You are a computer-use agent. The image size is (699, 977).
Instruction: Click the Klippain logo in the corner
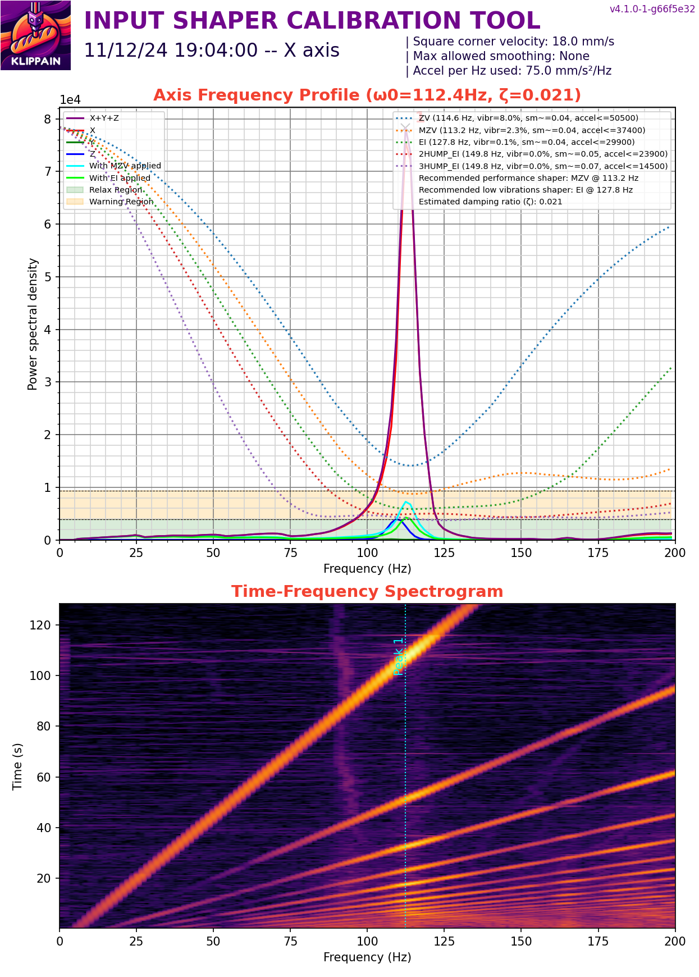click(x=35, y=35)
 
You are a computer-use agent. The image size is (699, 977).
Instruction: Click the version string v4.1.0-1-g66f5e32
click(x=652, y=9)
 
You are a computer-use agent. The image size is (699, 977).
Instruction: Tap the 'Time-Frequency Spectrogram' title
click(x=367, y=591)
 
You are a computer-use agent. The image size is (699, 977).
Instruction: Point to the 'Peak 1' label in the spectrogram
click(x=399, y=656)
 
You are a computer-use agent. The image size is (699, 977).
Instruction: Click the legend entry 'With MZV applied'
click(x=125, y=166)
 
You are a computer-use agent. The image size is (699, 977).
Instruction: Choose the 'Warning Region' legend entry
click(x=121, y=202)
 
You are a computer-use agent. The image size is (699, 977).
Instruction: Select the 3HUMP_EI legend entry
click(x=543, y=166)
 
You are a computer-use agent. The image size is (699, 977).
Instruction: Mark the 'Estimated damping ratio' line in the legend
click(x=490, y=202)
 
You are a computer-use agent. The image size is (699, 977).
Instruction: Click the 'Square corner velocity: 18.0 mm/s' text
click(x=513, y=42)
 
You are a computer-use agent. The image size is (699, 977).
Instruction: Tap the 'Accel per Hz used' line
click(x=511, y=71)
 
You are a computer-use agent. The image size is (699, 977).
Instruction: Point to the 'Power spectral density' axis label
click(x=33, y=324)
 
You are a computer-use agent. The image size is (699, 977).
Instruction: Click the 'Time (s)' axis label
click(x=17, y=766)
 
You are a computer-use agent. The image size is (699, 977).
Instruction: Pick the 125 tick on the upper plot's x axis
click(x=444, y=553)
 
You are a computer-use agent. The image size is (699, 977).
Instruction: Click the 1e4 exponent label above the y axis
click(x=70, y=100)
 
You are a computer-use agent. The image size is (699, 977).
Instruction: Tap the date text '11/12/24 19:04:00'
click(x=171, y=51)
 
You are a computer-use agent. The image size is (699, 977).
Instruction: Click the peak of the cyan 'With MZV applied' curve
click(x=406, y=501)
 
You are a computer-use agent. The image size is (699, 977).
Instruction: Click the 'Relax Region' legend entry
click(x=116, y=190)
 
